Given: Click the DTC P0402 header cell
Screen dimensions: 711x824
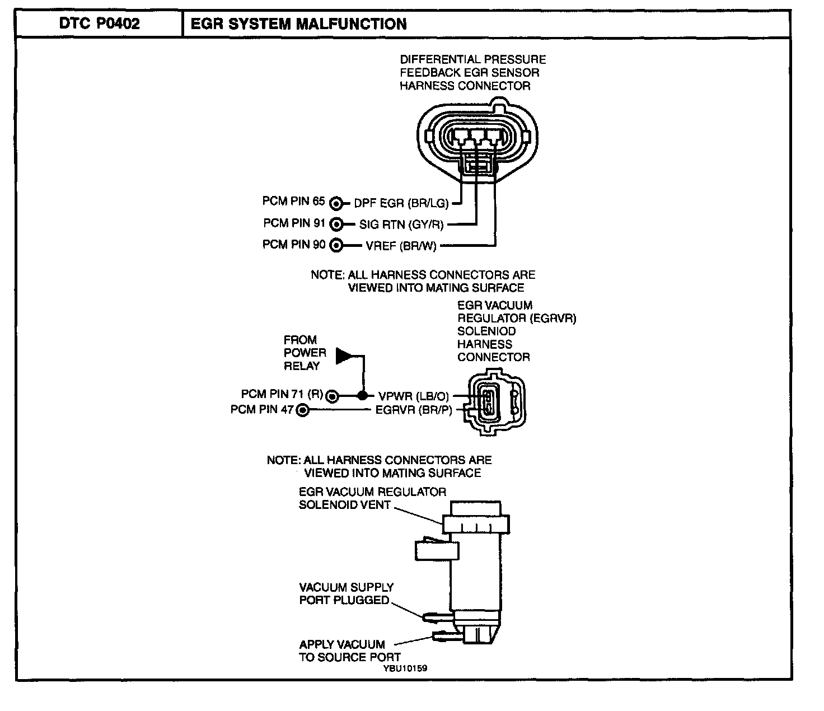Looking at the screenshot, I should point(100,24).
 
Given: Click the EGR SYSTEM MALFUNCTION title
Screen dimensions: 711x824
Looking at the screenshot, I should point(299,24).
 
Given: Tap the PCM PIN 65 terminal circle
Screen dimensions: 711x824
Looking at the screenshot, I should point(336,203).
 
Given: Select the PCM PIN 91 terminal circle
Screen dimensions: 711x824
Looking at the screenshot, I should point(336,224).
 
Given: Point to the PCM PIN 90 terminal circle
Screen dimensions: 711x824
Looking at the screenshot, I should point(336,245).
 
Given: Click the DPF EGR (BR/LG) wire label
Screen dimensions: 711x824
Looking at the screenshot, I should point(401,203).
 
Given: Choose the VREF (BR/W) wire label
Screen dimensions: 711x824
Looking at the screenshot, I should point(401,246).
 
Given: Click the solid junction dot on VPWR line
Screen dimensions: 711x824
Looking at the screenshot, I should point(363,395).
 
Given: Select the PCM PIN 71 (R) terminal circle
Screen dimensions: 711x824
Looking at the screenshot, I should point(333,396).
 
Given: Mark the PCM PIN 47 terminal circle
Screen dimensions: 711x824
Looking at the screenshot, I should point(302,410).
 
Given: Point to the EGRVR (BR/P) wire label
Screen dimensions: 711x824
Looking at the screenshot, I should point(414,410).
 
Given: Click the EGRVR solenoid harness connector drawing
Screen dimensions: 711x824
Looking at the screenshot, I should point(497,401).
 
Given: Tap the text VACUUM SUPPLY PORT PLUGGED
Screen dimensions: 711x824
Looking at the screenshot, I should point(346,593).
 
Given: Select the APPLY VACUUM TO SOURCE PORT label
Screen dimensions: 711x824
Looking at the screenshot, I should point(349,651).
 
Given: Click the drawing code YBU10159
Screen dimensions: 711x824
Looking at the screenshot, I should point(406,668).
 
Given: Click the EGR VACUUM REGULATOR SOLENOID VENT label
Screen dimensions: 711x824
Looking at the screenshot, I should point(372,498).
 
